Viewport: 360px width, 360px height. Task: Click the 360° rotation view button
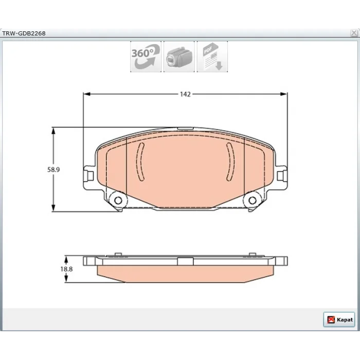(x=146, y=57)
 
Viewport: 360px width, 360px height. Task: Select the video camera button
(x=179, y=57)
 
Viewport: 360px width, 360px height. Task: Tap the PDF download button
(x=212, y=57)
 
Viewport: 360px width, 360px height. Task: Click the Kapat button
(x=339, y=319)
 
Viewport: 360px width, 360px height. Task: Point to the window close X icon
(x=354, y=33)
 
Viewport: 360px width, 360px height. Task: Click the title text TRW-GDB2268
(x=24, y=33)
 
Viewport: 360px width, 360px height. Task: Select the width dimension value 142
(x=185, y=94)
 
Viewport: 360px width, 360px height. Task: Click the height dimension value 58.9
(x=53, y=170)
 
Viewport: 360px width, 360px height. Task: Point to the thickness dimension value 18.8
(x=66, y=269)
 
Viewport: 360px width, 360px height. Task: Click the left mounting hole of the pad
(x=118, y=201)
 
